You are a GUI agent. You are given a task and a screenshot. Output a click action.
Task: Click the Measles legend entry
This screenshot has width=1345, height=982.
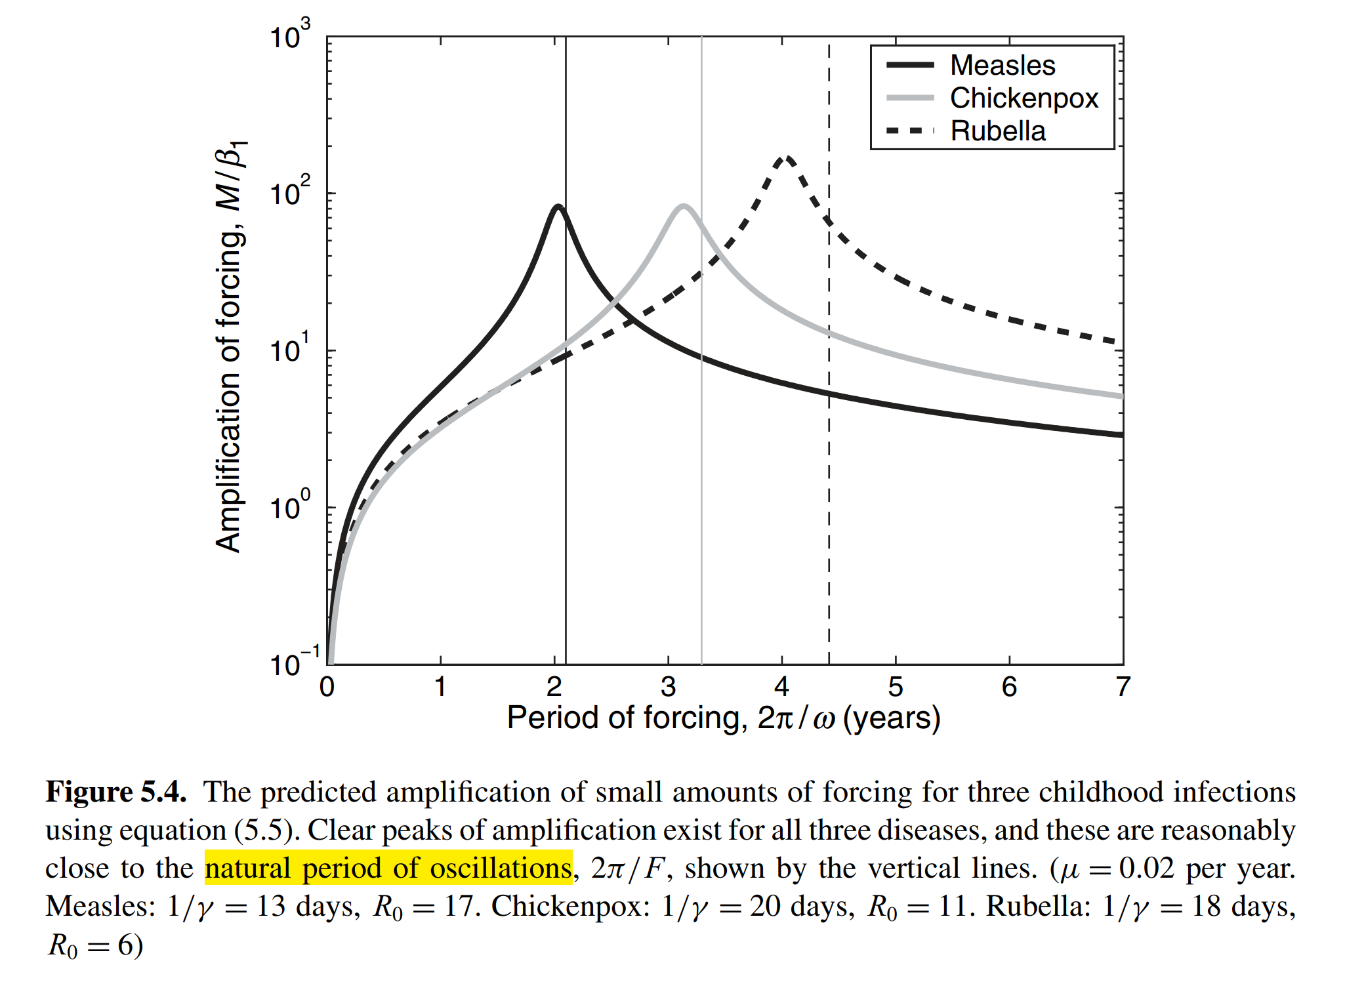pos(1002,66)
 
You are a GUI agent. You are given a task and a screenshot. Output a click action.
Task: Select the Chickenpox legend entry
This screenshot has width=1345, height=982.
pos(1024,98)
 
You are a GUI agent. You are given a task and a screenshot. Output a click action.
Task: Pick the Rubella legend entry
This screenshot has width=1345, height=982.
pos(997,131)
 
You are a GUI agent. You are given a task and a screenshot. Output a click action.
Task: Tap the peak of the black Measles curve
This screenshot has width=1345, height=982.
pos(558,207)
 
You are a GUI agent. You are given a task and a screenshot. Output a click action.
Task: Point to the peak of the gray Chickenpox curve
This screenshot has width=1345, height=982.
pos(684,207)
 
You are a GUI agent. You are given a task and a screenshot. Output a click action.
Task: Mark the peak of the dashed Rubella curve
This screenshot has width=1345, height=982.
pos(786,158)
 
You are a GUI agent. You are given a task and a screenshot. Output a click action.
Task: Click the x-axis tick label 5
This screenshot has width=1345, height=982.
pos(895,687)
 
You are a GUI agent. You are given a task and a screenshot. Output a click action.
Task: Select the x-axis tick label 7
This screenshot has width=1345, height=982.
pos(1123,687)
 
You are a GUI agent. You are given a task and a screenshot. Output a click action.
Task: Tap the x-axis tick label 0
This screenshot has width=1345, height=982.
pos(327,687)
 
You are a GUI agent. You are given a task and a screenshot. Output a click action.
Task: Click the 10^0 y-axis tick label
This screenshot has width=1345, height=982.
pos(289,506)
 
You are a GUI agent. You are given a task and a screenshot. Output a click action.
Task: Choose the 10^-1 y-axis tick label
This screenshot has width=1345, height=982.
pos(294,663)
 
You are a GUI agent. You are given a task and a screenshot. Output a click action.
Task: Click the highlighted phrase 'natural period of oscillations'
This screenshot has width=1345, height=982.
pos(388,868)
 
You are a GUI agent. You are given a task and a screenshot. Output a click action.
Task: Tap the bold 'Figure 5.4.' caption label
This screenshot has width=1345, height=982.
pos(116,792)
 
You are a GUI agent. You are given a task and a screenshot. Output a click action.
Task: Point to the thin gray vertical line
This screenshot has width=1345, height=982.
pos(701,525)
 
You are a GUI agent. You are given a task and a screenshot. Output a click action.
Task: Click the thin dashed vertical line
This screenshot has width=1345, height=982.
pos(829,525)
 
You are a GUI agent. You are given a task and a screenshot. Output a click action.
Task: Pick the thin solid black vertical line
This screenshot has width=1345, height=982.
pos(566,525)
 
